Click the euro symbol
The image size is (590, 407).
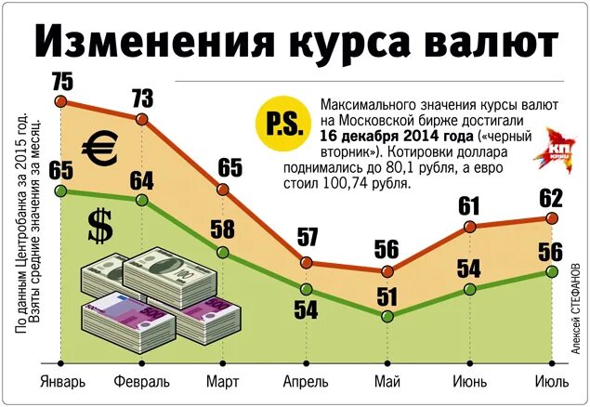click(98, 147)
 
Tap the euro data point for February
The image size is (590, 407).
click(142, 120)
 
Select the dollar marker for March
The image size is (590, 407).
click(224, 252)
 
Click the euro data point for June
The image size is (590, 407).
click(470, 227)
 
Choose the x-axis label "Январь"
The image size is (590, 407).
click(63, 382)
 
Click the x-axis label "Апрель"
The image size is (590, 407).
click(306, 382)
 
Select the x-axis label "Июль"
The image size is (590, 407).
click(552, 382)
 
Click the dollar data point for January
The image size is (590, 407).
click(62, 190)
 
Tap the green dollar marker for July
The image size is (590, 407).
click(552, 271)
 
